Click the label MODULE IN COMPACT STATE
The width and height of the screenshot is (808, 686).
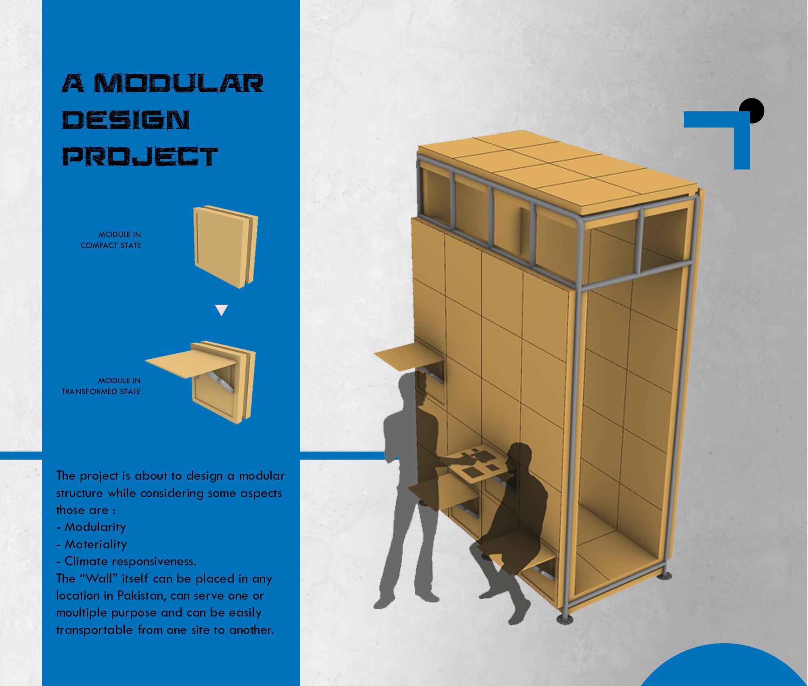[111, 240]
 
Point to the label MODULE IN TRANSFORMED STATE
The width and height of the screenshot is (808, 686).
[102, 386]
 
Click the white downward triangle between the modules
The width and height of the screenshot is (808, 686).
[222, 310]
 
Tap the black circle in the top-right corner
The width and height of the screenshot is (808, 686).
[751, 110]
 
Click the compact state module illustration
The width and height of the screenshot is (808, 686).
[226, 247]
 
